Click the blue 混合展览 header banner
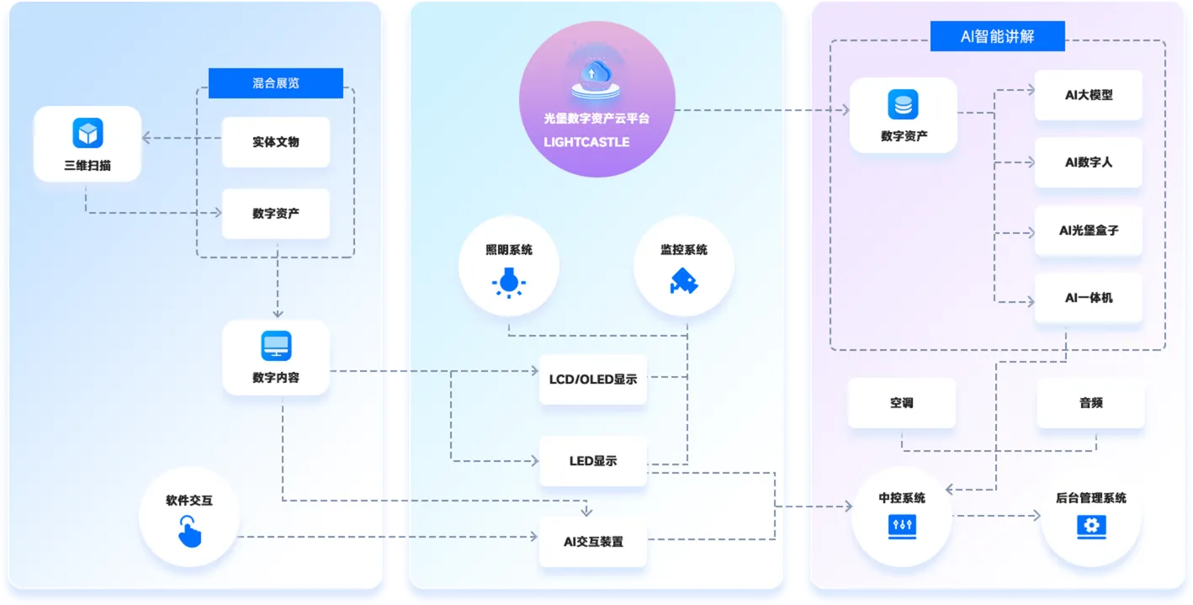[x=275, y=83]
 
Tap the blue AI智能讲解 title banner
[x=997, y=36]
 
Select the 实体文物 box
[x=275, y=142]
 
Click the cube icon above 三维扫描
[x=87, y=133]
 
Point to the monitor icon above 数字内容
[x=276, y=346]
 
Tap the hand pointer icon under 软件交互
[x=189, y=531]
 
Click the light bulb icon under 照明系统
[x=509, y=282]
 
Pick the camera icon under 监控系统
[x=684, y=281]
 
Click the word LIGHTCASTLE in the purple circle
[x=586, y=142]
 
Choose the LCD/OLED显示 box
[x=593, y=379]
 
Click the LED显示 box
[x=593, y=460]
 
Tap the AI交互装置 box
[x=593, y=542]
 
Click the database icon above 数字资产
[x=903, y=104]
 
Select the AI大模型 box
[x=1088, y=95]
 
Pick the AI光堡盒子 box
[x=1088, y=230]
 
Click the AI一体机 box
[x=1088, y=298]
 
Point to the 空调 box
[x=902, y=402]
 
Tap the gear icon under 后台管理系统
[x=1091, y=526]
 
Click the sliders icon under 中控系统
[x=902, y=526]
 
